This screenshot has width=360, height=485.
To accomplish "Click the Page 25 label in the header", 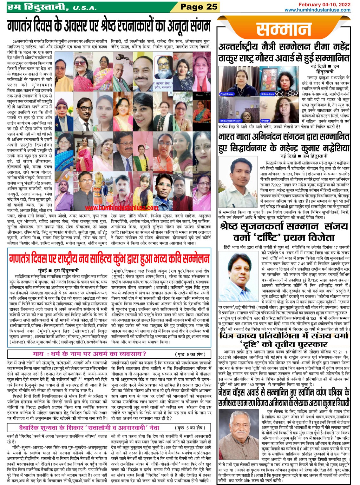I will (199, 7).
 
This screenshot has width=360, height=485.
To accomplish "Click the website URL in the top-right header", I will (317, 10).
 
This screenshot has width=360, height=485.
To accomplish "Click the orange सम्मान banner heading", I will (284, 30).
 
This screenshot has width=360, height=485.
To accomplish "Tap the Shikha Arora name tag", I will (267, 94).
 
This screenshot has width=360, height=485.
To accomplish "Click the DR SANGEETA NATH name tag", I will (230, 121).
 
